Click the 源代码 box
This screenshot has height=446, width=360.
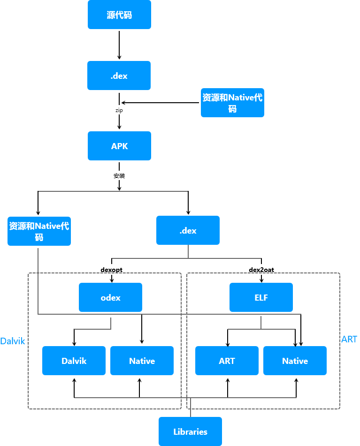(119, 15)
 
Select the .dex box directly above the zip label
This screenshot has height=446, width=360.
(119, 76)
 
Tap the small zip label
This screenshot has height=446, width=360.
(119, 110)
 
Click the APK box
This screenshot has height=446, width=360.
(119, 146)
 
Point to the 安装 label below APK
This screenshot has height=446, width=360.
(119, 176)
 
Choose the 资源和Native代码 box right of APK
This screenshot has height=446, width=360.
(232, 103)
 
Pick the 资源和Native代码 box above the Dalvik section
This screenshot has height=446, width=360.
(39, 231)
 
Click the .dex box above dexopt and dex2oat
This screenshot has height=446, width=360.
(188, 230)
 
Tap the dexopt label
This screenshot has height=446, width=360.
(112, 270)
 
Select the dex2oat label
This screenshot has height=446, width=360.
(261, 270)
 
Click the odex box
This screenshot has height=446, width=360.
(110, 297)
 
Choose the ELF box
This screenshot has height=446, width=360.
(261, 297)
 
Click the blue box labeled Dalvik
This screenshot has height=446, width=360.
(74, 361)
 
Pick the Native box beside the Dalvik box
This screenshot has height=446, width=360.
(142, 361)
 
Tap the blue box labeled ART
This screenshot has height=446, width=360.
(227, 361)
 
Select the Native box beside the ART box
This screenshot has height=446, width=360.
(295, 361)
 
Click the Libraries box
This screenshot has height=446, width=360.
(190, 431)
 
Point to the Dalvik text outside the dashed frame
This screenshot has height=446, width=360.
(13, 341)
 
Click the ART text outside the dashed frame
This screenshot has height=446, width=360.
(349, 339)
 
